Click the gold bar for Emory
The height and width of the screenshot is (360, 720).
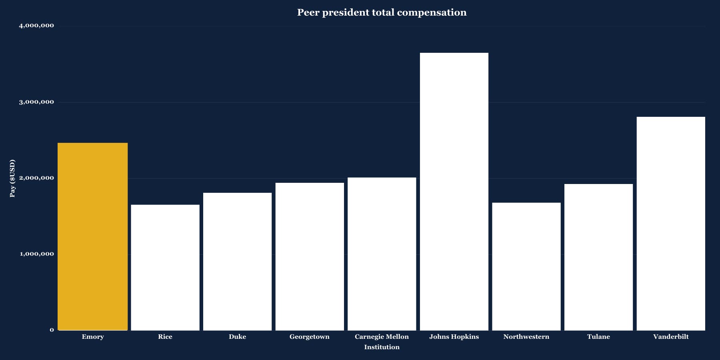[x=93, y=236]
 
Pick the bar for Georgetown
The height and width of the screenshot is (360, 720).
[x=310, y=256]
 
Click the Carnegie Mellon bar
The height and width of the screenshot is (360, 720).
[x=382, y=254]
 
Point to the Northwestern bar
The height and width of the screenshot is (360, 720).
[x=526, y=266]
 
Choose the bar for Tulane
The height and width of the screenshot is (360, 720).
[x=598, y=257]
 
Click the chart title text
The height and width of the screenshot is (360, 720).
[x=382, y=12]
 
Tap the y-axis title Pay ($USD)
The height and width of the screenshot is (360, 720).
[x=12, y=178]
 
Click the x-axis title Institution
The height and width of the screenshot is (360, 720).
[x=382, y=347]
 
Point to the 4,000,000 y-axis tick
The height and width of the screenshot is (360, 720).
[x=36, y=26]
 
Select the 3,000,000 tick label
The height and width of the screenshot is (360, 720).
[x=36, y=102]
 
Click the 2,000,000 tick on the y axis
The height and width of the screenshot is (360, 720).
[x=36, y=178]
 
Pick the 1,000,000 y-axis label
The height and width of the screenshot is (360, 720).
[x=36, y=254]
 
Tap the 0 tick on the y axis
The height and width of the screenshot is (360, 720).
[x=52, y=330]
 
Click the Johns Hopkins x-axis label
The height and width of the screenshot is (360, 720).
[x=454, y=337]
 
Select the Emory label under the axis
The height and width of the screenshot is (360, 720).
[x=93, y=337]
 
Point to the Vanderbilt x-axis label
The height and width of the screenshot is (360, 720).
[x=671, y=337]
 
